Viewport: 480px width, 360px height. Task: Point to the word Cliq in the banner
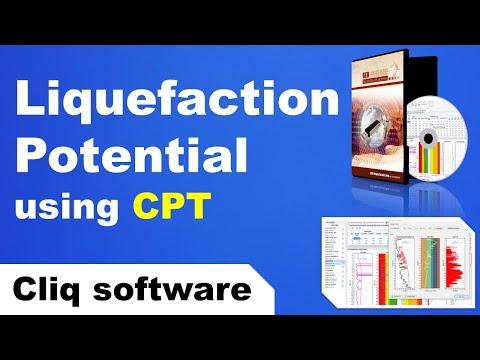[x=52, y=292]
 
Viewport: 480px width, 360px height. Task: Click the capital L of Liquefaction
[x=30, y=102]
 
